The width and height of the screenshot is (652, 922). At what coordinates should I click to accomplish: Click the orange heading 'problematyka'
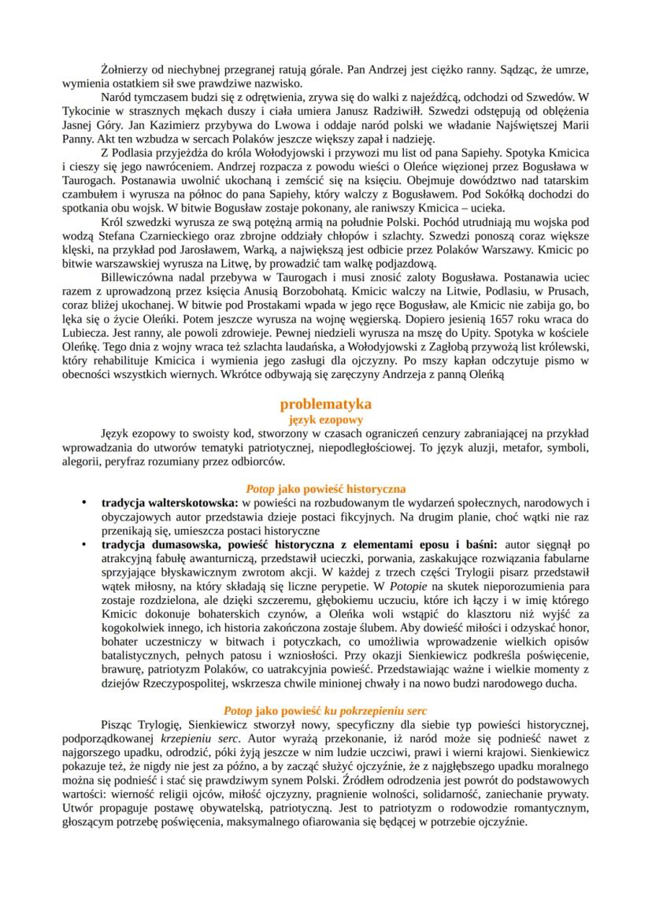click(x=326, y=404)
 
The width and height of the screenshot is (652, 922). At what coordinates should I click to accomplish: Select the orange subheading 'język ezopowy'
click(x=326, y=420)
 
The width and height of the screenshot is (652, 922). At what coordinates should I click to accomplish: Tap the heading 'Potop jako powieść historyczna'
click(x=326, y=489)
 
